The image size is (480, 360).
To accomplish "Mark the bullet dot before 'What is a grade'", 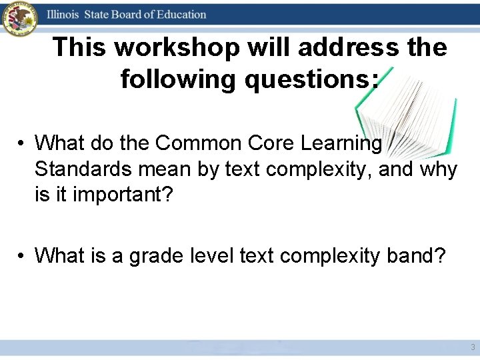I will coord(22,256).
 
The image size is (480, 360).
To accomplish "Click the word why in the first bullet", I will coord(439,170).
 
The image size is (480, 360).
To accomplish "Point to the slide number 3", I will coord(473,347).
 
